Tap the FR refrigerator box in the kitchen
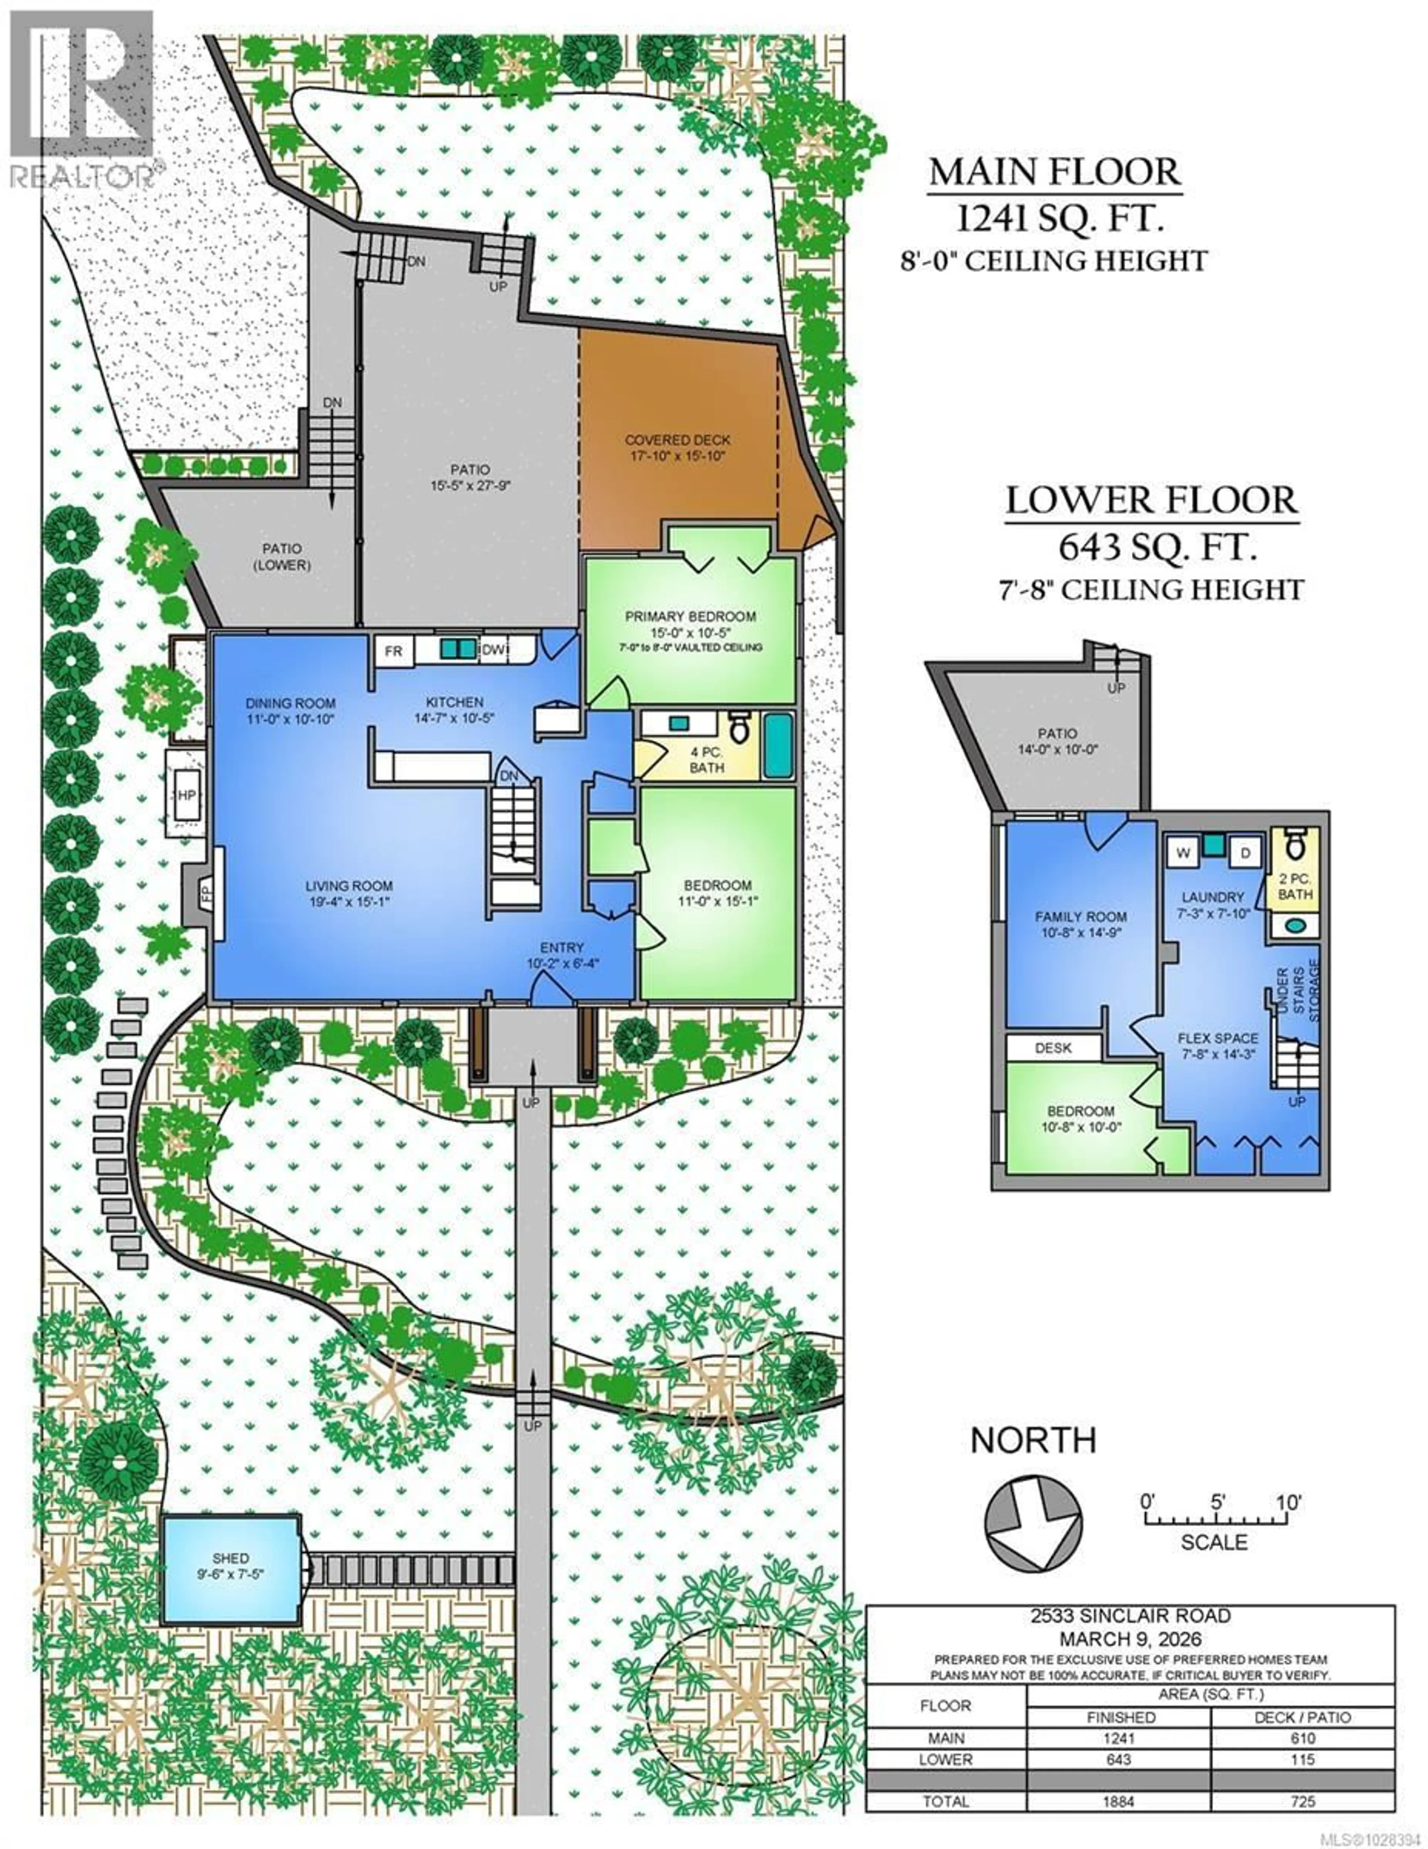tap(393, 651)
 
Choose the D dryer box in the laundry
tap(1245, 853)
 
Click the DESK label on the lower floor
tap(1053, 1048)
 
